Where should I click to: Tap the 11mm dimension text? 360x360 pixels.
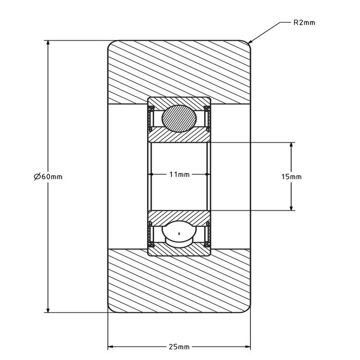pyautogui.click(x=179, y=175)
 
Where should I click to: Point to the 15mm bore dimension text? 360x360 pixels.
pyautogui.click(x=292, y=176)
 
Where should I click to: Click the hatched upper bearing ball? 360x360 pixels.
pyautogui.click(x=178, y=118)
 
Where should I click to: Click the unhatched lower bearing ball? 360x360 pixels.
pyautogui.click(x=178, y=235)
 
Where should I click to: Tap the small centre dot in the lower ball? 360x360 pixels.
pyautogui.click(x=178, y=235)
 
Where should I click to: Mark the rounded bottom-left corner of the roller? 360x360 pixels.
pyautogui.click(x=110, y=309)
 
